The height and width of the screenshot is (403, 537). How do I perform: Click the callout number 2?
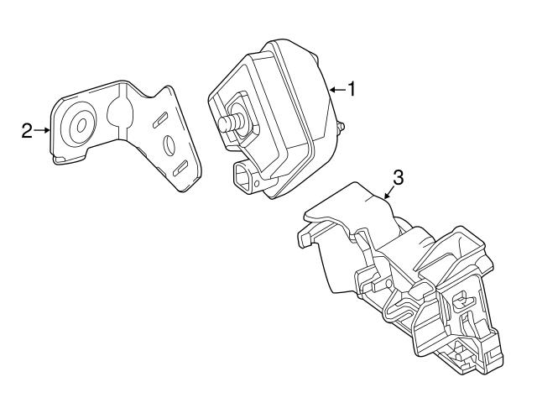click(x=27, y=130)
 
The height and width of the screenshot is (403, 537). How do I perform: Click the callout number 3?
click(x=398, y=177)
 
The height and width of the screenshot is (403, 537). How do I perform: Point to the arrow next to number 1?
click(x=336, y=88)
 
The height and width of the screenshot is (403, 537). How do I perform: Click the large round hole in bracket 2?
click(x=81, y=125)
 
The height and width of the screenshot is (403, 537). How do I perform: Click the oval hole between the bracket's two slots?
click(x=169, y=146)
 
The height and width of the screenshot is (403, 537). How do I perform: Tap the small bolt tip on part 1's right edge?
click(x=342, y=128)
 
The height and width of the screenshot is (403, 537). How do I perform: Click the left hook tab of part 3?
click(x=305, y=238)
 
